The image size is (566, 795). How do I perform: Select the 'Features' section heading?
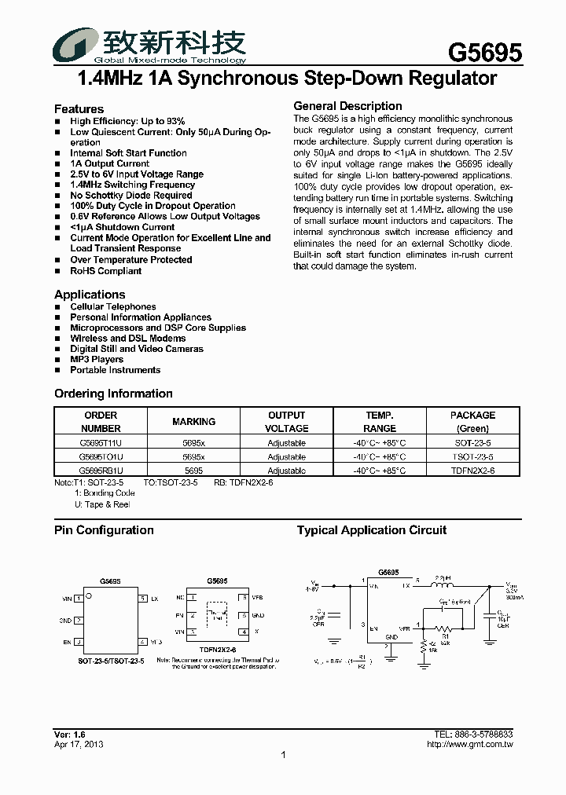point(79,109)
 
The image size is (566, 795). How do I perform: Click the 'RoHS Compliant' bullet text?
point(105,271)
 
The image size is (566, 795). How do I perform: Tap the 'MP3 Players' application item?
point(97,359)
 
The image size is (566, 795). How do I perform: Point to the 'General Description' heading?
point(347,106)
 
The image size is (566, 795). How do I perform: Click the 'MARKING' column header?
point(193,422)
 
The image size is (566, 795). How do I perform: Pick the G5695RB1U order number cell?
point(101,471)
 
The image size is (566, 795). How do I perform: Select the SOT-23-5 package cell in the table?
point(472,443)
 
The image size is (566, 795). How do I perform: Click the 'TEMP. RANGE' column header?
point(380,422)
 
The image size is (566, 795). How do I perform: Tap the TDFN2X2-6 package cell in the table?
point(472,471)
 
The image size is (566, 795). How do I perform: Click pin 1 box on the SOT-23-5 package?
point(78,599)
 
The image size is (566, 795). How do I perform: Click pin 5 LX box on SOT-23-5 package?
point(143,599)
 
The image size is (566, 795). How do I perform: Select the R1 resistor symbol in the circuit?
point(445,628)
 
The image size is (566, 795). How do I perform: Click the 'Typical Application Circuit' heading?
point(372,530)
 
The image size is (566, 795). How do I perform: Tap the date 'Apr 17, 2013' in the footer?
point(79,744)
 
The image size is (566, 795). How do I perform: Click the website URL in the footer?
point(470,744)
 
